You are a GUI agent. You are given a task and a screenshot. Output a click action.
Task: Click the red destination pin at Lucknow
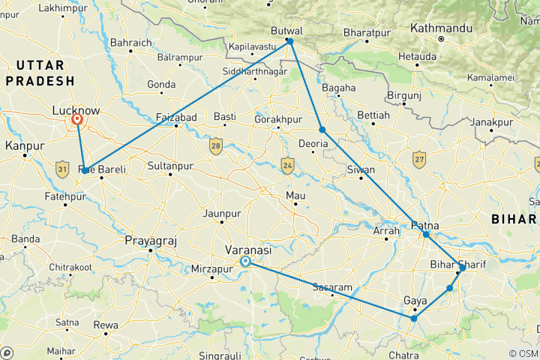pos(76,118)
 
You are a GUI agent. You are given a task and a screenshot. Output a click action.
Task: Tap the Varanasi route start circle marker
pos(246,262)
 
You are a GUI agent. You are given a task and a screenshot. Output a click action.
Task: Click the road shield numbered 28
pos(216,145)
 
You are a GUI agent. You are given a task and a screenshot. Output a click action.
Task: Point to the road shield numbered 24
pos(286,165)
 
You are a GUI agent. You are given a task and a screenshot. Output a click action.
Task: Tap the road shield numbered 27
pos(419,159)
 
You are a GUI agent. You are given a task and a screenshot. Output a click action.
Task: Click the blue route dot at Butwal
pos(290,41)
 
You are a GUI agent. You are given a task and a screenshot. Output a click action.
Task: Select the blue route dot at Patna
pos(426,235)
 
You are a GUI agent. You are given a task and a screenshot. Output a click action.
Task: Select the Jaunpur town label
pos(222,212)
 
